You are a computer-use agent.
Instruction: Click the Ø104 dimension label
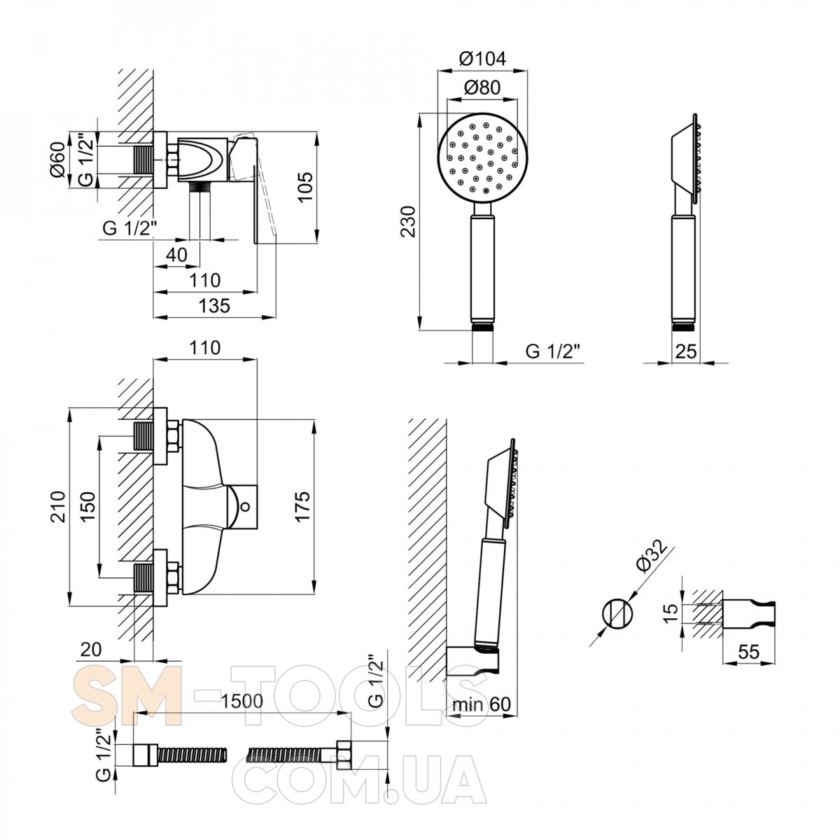[483, 59]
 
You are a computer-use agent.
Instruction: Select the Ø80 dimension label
[482, 87]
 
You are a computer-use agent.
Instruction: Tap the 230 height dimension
[409, 221]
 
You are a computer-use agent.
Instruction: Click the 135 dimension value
[214, 306]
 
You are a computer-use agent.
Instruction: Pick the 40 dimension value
[177, 254]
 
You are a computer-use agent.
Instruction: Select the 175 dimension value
[302, 506]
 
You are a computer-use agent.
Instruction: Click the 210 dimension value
[57, 507]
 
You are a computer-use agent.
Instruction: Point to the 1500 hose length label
[242, 701]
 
